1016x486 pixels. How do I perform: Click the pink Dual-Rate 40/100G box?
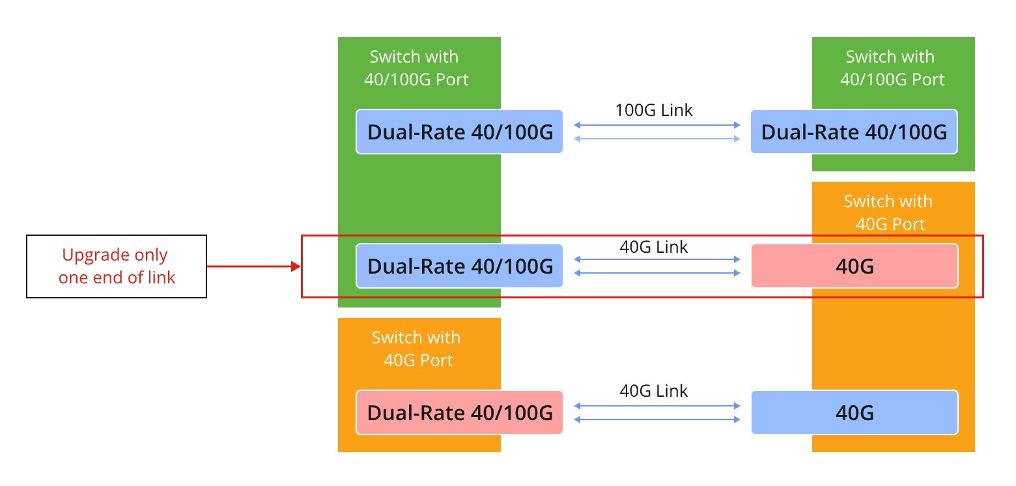click(x=459, y=412)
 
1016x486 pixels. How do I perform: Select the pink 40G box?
click(x=854, y=266)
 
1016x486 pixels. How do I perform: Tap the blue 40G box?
click(x=854, y=412)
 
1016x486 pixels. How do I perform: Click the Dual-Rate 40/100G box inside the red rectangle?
click(x=459, y=266)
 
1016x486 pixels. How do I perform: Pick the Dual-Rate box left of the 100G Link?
click(x=459, y=132)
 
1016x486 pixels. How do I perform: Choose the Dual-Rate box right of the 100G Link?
click(x=854, y=132)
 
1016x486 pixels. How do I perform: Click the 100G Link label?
click(x=654, y=110)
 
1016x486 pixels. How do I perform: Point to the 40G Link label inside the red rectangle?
click(x=654, y=247)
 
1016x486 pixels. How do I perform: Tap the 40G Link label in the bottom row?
click(x=654, y=391)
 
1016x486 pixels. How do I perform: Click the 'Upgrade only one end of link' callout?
click(x=117, y=266)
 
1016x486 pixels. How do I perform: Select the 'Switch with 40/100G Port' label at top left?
click(x=418, y=68)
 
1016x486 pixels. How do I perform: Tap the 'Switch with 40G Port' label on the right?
click(x=888, y=212)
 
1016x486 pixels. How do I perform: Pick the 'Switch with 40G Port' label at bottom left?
click(x=417, y=349)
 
